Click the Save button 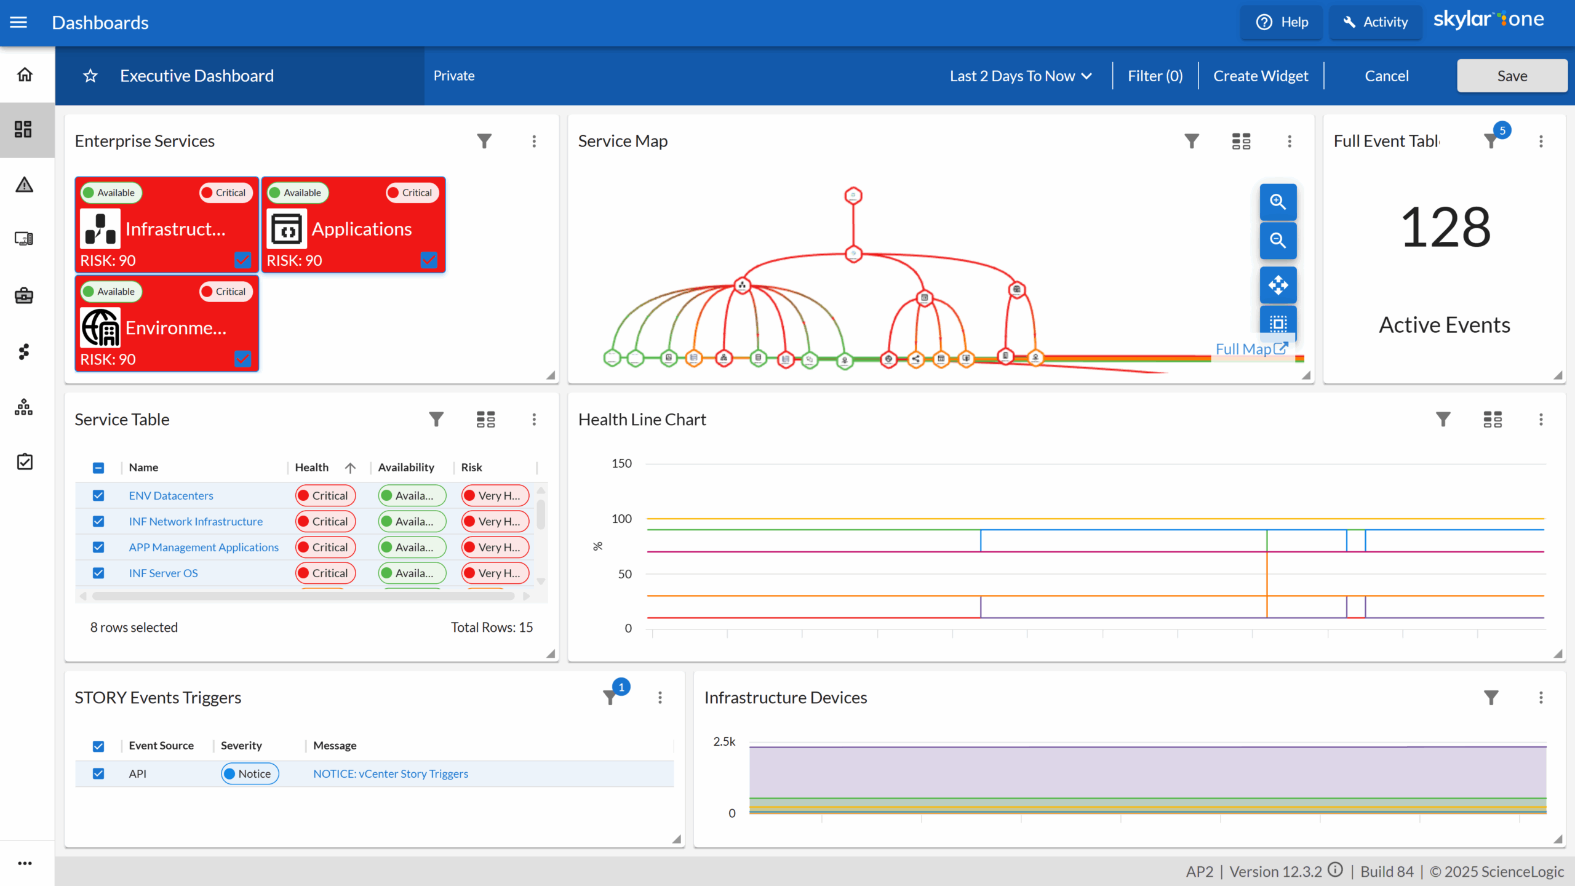(1511, 76)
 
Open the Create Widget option (1260, 76)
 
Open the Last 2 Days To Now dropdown (1021, 76)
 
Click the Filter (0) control (1155, 76)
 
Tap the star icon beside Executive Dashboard (90, 76)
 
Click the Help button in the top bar (1282, 22)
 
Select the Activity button (1376, 22)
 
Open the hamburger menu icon (18, 22)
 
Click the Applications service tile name (361, 229)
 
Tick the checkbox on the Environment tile (243, 359)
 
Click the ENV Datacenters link (171, 495)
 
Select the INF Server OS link (163, 573)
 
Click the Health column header (312, 468)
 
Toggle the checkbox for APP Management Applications (98, 547)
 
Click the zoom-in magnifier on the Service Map (1278, 202)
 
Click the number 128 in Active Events (1445, 228)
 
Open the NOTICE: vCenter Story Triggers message (390, 773)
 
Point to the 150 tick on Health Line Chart (621, 463)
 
